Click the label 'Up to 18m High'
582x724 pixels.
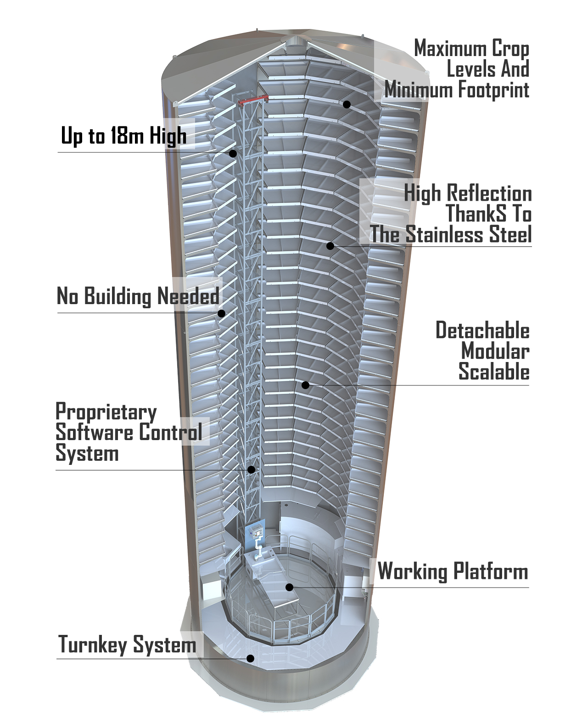123,136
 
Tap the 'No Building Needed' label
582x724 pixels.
138,296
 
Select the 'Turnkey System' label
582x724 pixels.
127,644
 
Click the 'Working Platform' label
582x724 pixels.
453,571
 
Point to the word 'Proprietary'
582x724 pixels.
106,412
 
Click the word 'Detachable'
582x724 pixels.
482,330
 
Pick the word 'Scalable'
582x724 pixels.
494,372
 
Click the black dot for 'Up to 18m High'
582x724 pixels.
233,153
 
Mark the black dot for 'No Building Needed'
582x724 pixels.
221,313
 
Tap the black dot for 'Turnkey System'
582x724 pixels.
250,658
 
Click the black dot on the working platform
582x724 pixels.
289,587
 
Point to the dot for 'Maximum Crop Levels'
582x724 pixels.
347,104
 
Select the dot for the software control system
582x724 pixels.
251,469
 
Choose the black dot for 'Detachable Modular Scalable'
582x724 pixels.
305,385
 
